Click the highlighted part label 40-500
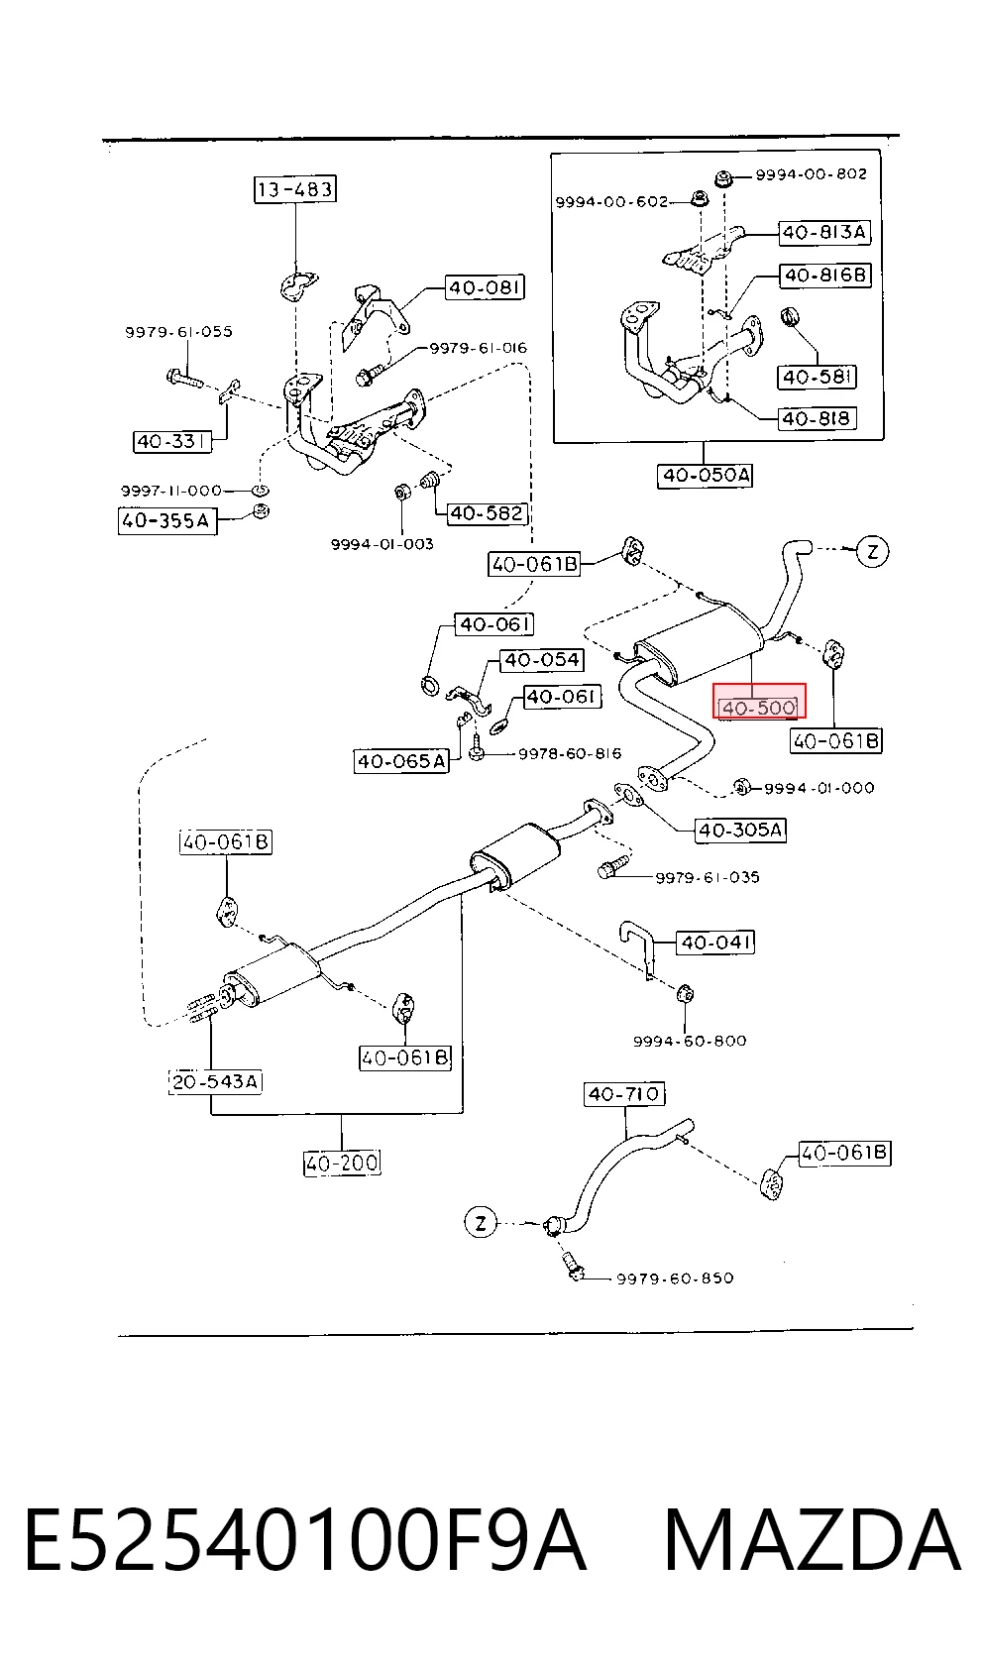coord(759,707)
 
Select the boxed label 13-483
coord(294,189)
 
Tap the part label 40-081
coord(486,287)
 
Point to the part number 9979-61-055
coord(178,332)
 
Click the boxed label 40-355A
coord(166,520)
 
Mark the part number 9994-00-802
coord(812,174)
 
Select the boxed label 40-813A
coord(824,232)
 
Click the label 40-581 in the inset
coord(818,377)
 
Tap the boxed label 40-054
coord(542,659)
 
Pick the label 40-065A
coord(402,761)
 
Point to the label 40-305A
coord(740,830)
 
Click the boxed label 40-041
coord(715,943)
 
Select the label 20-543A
coord(216,1081)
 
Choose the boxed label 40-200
coord(342,1163)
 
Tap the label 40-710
coord(624,1094)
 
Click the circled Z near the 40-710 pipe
coord(480,1223)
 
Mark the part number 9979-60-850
coord(675,1278)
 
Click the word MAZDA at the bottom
coord(813,1540)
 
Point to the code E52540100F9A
coord(306,1540)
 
